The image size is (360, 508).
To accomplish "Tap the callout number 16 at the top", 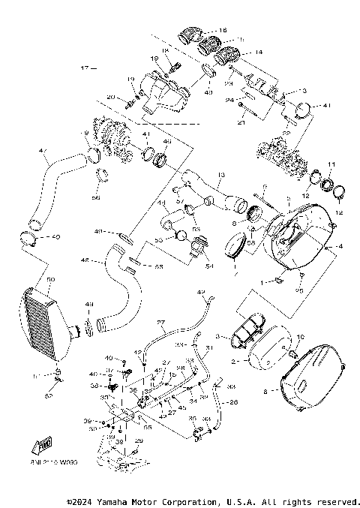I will (222, 30).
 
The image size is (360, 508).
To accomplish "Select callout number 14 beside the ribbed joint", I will (259, 53).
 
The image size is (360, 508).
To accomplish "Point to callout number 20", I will (109, 98).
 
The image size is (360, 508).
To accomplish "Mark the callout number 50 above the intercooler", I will (51, 279).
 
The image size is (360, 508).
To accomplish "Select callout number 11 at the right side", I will (331, 164).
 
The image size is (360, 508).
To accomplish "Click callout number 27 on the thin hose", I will (160, 323).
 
